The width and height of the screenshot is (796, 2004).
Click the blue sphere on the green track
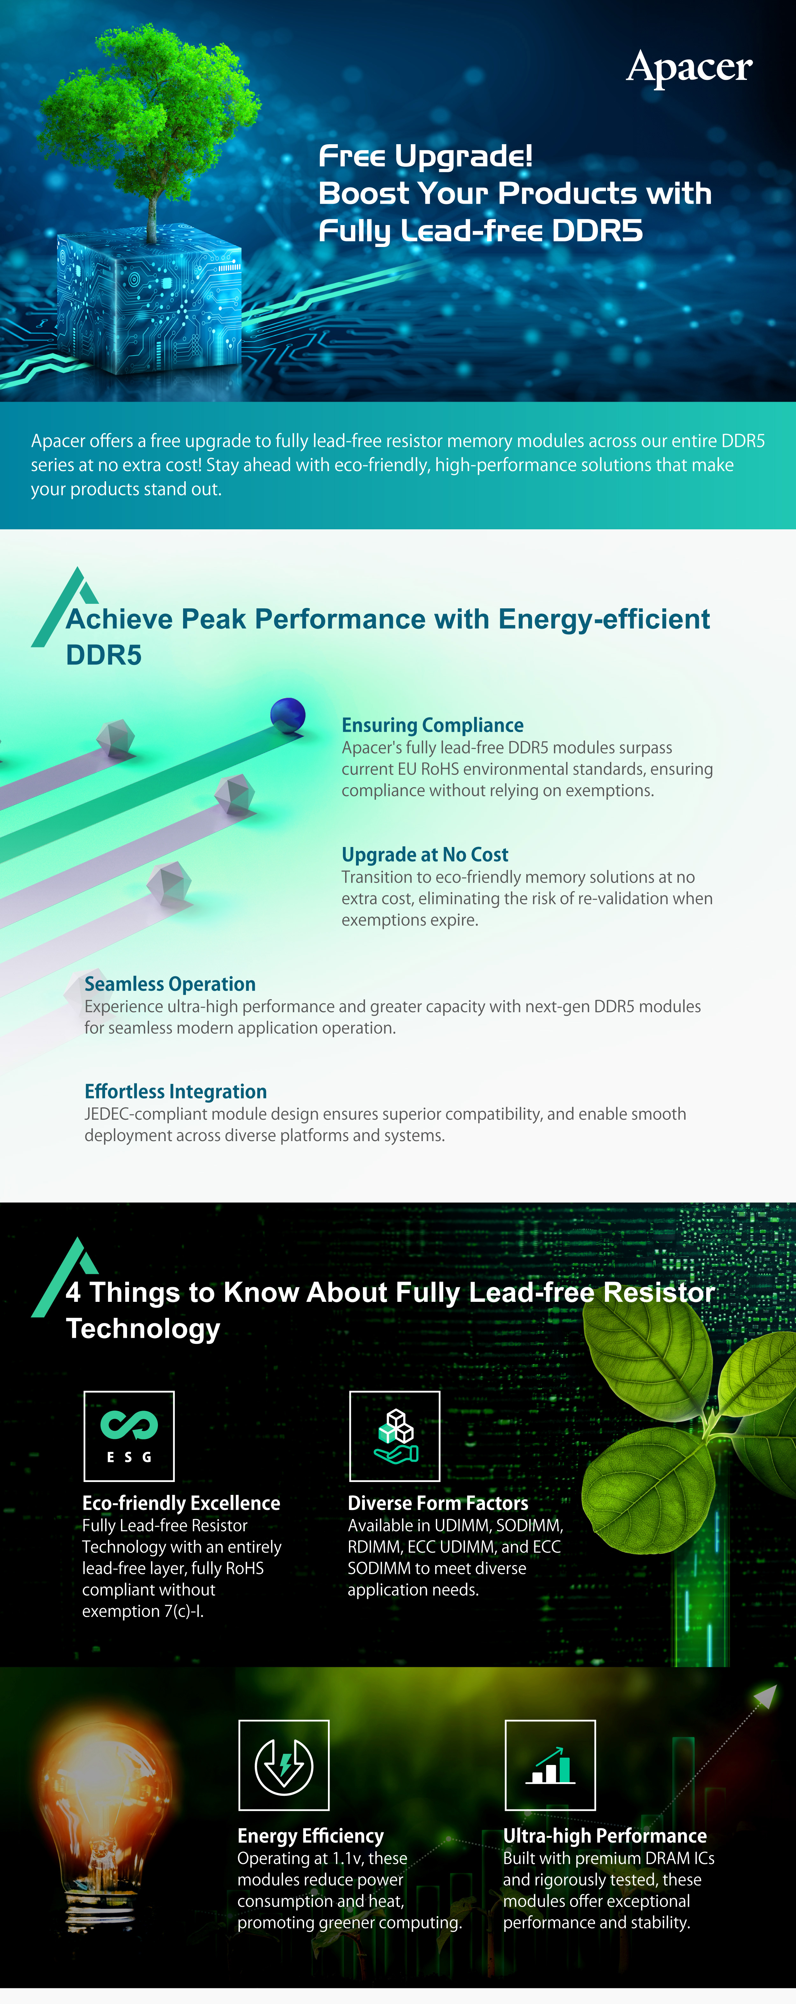(x=287, y=714)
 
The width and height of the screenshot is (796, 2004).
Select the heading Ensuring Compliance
(x=433, y=725)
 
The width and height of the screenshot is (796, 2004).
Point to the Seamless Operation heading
(x=170, y=984)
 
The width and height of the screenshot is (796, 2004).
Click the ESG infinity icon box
(x=129, y=1436)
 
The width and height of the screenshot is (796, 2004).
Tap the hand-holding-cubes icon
(x=395, y=1436)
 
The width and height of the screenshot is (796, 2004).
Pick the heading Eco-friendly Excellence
(x=181, y=1503)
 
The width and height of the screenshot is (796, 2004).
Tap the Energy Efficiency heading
(x=310, y=1836)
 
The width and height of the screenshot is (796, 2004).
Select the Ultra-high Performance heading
(x=605, y=1836)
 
